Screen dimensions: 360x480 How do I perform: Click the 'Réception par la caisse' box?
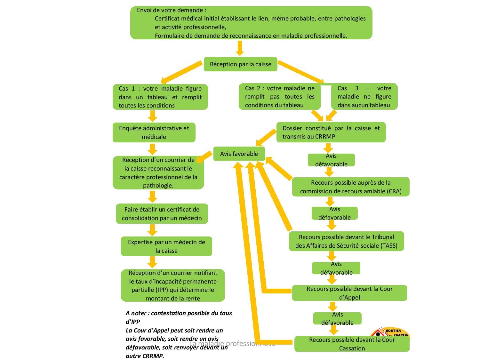coord(240,64)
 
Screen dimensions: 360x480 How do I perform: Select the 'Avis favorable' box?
coord(239,154)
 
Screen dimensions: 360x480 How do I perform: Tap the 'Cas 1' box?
coord(160,97)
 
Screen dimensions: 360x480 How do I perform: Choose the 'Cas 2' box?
coord(280,97)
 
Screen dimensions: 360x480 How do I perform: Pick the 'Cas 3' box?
coord(364,97)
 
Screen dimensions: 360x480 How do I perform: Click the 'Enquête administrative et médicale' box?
coord(154,132)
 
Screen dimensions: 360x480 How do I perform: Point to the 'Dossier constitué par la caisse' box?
coord(331,132)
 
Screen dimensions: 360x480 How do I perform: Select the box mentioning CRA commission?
coord(351,187)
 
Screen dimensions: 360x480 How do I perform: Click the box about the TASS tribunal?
coord(346,241)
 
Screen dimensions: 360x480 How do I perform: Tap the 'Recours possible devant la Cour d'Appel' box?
coord(349,293)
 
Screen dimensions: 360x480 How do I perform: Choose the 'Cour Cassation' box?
coord(352,344)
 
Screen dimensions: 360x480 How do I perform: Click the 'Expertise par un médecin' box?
coord(166,246)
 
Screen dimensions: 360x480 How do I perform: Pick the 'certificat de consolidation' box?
coord(162,214)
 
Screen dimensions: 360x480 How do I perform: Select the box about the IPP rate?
coord(173,285)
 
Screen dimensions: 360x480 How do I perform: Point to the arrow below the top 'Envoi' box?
coord(240,48)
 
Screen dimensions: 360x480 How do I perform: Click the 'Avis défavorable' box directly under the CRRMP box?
coord(331,160)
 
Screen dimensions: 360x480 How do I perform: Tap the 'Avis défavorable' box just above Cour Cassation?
coord(337,318)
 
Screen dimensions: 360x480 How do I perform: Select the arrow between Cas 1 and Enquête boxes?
coord(153,116)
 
